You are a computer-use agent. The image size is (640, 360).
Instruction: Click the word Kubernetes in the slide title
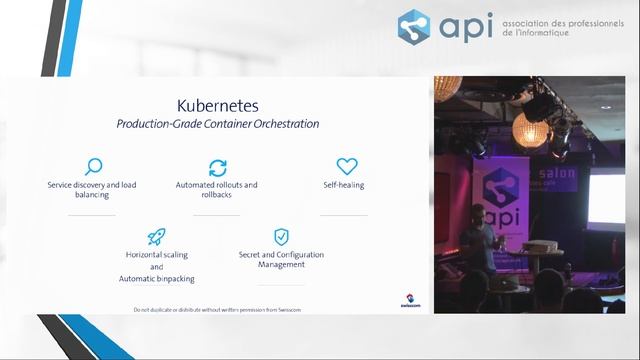point(217,104)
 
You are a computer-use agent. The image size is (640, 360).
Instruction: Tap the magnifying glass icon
point(93,167)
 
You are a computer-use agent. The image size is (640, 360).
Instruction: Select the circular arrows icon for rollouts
point(217,167)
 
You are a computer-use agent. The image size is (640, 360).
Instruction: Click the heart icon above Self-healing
point(346,167)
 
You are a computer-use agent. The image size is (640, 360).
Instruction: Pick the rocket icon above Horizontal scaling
point(156,236)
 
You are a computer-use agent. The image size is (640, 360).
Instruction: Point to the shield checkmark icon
point(281,237)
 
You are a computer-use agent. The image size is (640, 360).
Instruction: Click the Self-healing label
point(346,185)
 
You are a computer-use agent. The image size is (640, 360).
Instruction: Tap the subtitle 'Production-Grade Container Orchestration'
point(217,124)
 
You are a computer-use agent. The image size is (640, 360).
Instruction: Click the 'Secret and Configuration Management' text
point(281,260)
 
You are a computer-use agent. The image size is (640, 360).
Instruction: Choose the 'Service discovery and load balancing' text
point(93,190)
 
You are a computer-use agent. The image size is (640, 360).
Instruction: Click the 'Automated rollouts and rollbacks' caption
point(217,190)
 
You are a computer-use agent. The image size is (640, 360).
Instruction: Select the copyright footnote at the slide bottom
point(217,310)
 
